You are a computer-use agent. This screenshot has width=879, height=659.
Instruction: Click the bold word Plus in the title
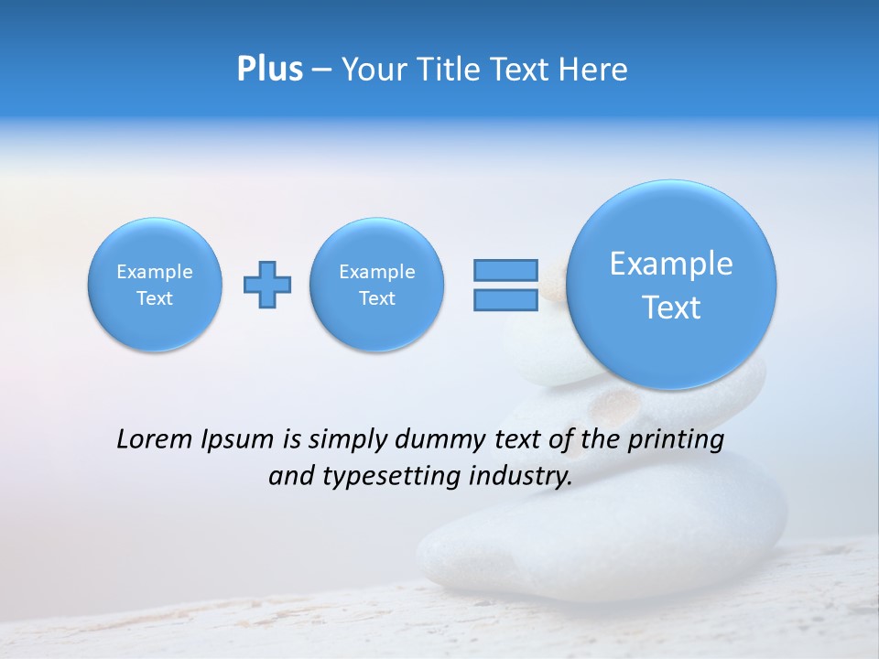pyautogui.click(x=269, y=70)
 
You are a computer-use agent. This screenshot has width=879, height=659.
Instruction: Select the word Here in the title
pyautogui.click(x=593, y=70)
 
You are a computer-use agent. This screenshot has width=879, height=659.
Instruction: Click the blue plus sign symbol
pyautogui.click(x=267, y=285)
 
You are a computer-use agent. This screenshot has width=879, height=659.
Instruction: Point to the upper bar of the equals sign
pyautogui.click(x=505, y=270)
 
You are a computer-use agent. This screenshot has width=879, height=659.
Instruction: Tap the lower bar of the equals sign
pyautogui.click(x=505, y=300)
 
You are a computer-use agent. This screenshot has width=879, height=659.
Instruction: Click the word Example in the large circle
pyautogui.click(x=671, y=264)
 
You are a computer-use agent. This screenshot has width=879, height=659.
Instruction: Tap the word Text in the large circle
pyautogui.click(x=671, y=308)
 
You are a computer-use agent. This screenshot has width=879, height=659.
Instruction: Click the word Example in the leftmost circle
pyautogui.click(x=155, y=272)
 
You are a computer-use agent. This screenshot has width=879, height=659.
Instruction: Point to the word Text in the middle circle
pyautogui.click(x=377, y=298)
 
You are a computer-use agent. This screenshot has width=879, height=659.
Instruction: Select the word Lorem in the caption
pyautogui.click(x=150, y=440)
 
